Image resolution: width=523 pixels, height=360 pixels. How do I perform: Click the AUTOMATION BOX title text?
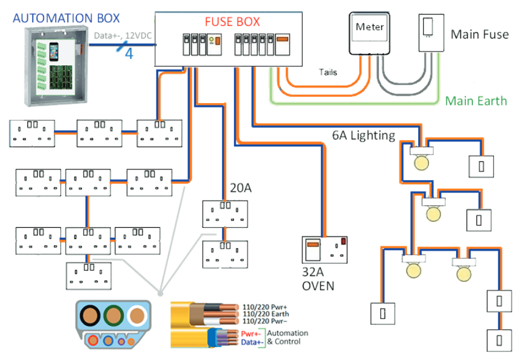pos(66,18)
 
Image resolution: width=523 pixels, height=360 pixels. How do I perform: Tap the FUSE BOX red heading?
pos(232,22)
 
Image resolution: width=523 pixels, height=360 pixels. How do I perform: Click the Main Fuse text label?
pos(480,34)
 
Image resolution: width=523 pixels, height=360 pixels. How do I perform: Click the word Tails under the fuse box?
pos(328,73)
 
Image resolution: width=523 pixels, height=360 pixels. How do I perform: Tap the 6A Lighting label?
pos(363,135)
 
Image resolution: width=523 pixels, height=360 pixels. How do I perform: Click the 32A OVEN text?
pos(318,279)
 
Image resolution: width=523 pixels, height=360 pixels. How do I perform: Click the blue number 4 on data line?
pos(129,53)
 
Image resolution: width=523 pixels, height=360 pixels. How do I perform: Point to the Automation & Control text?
pos(287,338)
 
